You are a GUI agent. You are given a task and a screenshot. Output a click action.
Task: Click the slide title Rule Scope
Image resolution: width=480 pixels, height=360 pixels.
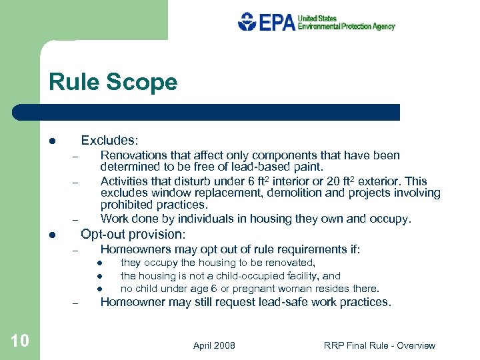(113, 82)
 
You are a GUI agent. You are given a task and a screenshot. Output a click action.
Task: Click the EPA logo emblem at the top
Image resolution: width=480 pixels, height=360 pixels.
(247, 22)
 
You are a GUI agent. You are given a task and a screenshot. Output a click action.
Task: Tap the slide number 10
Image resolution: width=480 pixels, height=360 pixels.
(19, 341)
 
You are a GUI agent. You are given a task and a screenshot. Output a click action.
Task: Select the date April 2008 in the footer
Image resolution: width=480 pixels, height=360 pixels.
(214, 345)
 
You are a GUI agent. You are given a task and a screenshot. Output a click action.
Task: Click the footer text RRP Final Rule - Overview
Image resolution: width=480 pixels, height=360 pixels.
(379, 345)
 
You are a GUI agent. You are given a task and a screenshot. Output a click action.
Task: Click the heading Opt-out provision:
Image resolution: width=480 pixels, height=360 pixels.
(133, 235)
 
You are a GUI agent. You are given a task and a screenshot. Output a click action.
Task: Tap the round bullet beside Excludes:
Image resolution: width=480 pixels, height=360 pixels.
(51, 141)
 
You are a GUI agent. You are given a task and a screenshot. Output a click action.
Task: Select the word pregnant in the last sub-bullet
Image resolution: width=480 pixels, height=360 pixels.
(249, 289)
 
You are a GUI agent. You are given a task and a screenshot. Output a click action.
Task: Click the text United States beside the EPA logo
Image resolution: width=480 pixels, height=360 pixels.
(317, 19)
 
